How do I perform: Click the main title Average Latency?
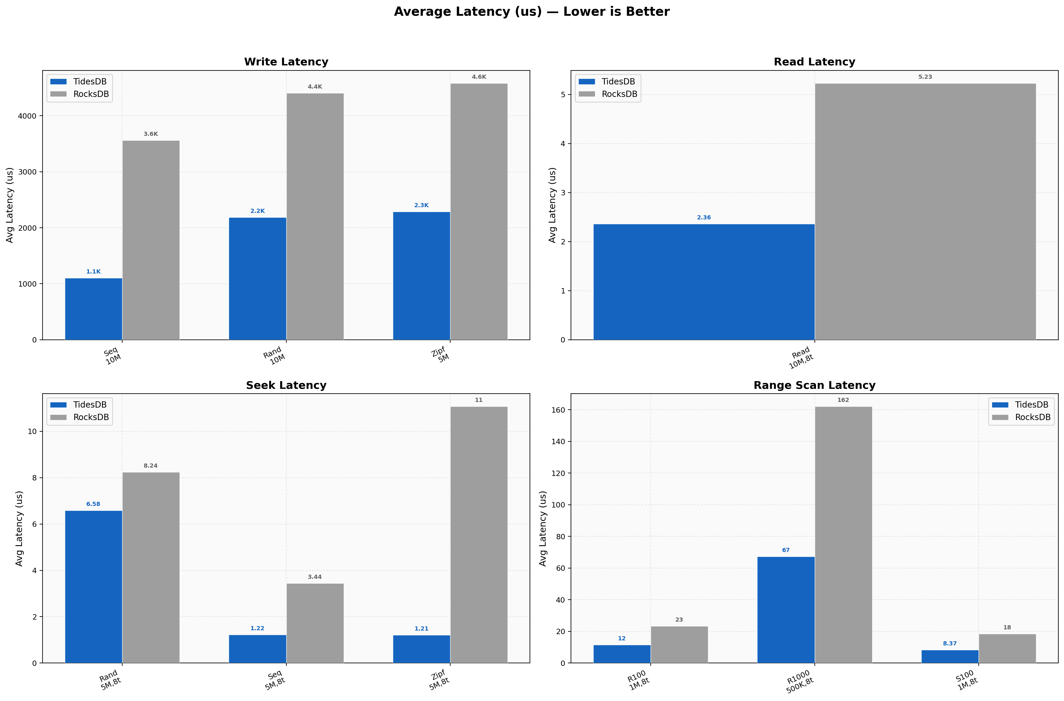tap(531, 12)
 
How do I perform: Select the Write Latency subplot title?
tap(286, 62)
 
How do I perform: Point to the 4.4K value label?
tap(315, 87)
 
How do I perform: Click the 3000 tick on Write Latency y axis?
tap(27, 172)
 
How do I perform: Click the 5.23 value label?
tap(925, 77)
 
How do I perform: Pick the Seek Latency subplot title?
tap(286, 385)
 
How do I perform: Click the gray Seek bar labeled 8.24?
tap(151, 568)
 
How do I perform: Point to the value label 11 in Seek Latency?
tap(479, 400)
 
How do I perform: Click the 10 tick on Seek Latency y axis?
tap(32, 431)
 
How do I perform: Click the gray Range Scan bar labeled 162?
tap(843, 535)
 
